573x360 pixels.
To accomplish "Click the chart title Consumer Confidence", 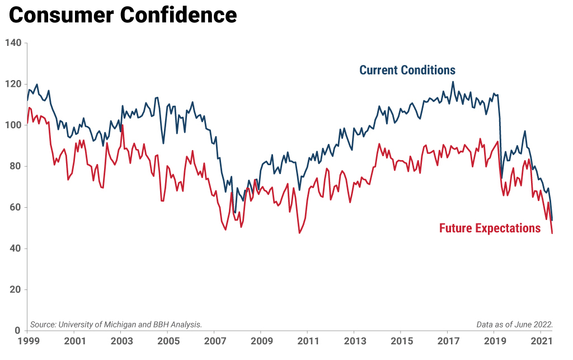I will pos(123,15).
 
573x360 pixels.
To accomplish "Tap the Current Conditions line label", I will pos(407,70).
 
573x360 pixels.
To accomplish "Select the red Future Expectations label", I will pos(490,228).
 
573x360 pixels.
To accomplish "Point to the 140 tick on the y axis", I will pos(13,43).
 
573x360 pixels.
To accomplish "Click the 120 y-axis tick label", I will pos(13,84).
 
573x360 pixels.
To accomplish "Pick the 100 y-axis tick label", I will pos(13,125).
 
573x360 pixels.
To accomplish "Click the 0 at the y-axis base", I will pos(18,331).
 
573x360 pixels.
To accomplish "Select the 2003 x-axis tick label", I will pos(121,341).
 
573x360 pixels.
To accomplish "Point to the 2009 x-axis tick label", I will pos(261,341).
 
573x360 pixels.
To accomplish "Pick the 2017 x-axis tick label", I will pos(448,341).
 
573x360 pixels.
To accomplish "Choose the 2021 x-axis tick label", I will pos(542,341).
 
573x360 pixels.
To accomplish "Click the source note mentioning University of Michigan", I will pos(116,325).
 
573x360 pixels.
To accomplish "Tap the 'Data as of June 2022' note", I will pos(515,325).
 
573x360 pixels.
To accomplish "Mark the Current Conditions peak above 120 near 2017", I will pos(453,82).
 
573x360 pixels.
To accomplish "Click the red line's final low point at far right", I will pos(552,233).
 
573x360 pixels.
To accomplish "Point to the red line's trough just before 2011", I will pos(299,233).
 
